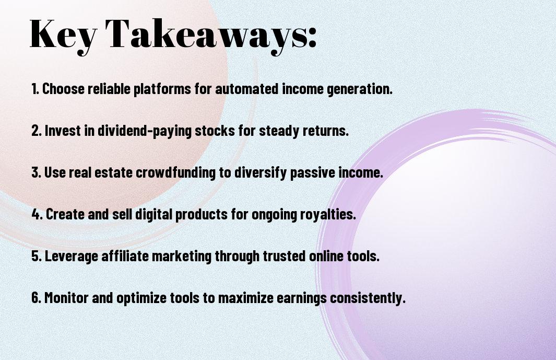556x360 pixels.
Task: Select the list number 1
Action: pyautogui.click(x=35, y=89)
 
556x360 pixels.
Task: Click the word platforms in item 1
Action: pyautogui.click(x=162, y=89)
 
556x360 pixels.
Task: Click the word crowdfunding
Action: pyautogui.click(x=175, y=173)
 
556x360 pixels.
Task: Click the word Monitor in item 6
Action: pyautogui.click(x=66, y=297)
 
